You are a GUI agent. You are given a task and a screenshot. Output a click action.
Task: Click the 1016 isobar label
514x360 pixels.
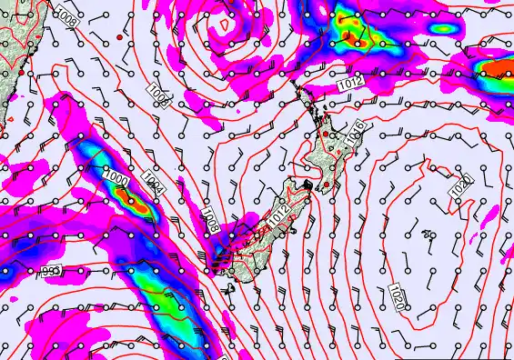(358, 128)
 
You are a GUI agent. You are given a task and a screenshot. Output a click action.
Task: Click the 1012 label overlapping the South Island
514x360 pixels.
(277, 212)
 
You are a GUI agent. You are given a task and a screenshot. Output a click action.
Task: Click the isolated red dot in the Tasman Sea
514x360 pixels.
(119, 38)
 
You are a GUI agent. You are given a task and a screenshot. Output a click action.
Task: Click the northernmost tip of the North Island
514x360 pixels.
(298, 82)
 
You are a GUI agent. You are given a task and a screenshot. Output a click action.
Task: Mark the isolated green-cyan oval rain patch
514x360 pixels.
(442, 27)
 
